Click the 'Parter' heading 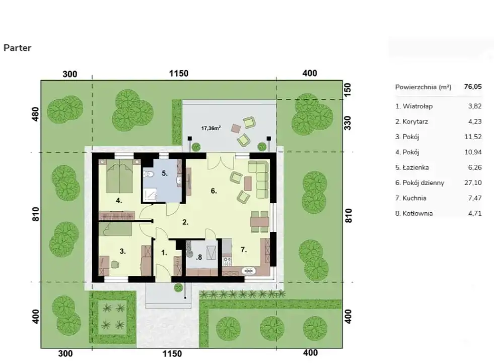point(17,48)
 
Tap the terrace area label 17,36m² point(211,128)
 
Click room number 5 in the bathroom point(165,173)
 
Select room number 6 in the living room point(214,191)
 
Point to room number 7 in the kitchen point(243,250)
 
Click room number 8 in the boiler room point(199,257)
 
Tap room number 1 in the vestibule point(164,253)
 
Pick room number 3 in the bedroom point(122,252)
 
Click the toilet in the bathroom point(148,174)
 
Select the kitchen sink point(249,270)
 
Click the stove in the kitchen point(227,261)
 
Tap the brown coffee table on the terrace point(236,128)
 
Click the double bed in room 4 point(119,176)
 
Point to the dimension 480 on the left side point(35,114)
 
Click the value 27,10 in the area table point(473,183)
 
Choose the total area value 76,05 point(473,86)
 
